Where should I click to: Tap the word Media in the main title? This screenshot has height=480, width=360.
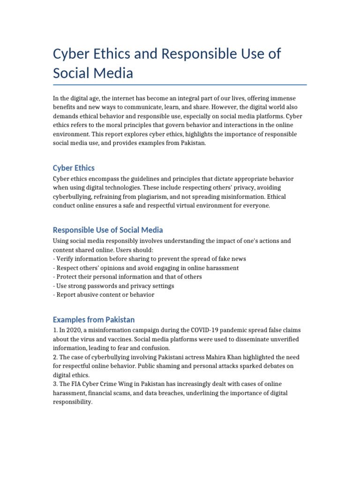pyautogui.click(x=113, y=73)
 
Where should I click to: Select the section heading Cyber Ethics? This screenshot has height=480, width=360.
pyautogui.click(x=74, y=168)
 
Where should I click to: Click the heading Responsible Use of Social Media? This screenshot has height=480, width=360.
pyautogui.click(x=108, y=230)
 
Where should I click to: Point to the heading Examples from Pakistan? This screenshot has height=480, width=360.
pyautogui.click(x=94, y=320)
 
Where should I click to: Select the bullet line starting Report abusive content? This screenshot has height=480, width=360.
pyautogui.click(x=104, y=295)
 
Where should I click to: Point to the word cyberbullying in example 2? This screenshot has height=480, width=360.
pyautogui.click(x=108, y=357)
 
